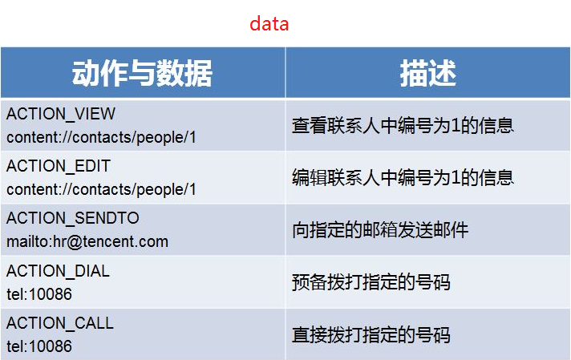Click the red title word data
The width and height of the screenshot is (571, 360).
pos(269,24)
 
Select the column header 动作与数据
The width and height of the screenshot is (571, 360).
pos(142,74)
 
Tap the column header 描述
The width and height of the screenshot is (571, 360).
pos(428,74)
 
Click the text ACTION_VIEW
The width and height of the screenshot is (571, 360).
pos(61,114)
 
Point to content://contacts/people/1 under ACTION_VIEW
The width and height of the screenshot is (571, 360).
pos(101,138)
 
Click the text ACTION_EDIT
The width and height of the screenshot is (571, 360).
pos(59,166)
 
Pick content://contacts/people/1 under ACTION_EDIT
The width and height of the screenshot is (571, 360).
pos(101,190)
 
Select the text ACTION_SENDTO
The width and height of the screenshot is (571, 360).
pos(73,218)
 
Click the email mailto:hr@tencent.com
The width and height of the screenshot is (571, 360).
pos(87,241)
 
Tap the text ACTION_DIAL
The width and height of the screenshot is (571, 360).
pos(58,271)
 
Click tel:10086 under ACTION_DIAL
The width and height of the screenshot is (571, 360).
pos(39,294)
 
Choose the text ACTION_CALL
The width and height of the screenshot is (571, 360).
pos(60,323)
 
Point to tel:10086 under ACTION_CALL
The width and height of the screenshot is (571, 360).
pos(39,346)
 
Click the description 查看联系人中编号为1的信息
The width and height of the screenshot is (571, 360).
pos(403,126)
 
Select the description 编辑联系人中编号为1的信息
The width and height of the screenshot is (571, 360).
pos(403,178)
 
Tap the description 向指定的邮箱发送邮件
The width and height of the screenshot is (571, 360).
pos(380,230)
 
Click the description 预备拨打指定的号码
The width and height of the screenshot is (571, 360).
pos(371,282)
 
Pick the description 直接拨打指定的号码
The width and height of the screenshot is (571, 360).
pos(371,334)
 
